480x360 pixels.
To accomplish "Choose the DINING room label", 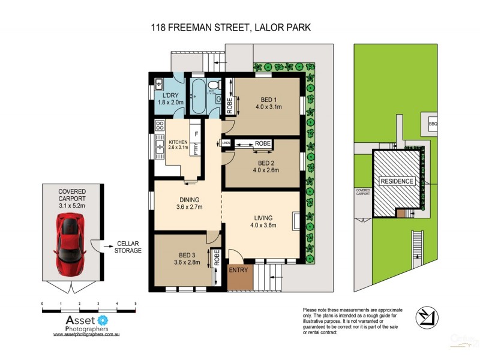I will point(188,200).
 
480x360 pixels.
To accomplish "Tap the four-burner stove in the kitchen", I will point(160,126).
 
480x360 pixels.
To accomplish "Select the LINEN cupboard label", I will point(226,143).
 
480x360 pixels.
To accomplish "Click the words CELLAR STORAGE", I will point(128,246).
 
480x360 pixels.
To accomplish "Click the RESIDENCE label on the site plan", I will point(395,181).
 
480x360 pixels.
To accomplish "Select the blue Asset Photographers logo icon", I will point(102,320).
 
